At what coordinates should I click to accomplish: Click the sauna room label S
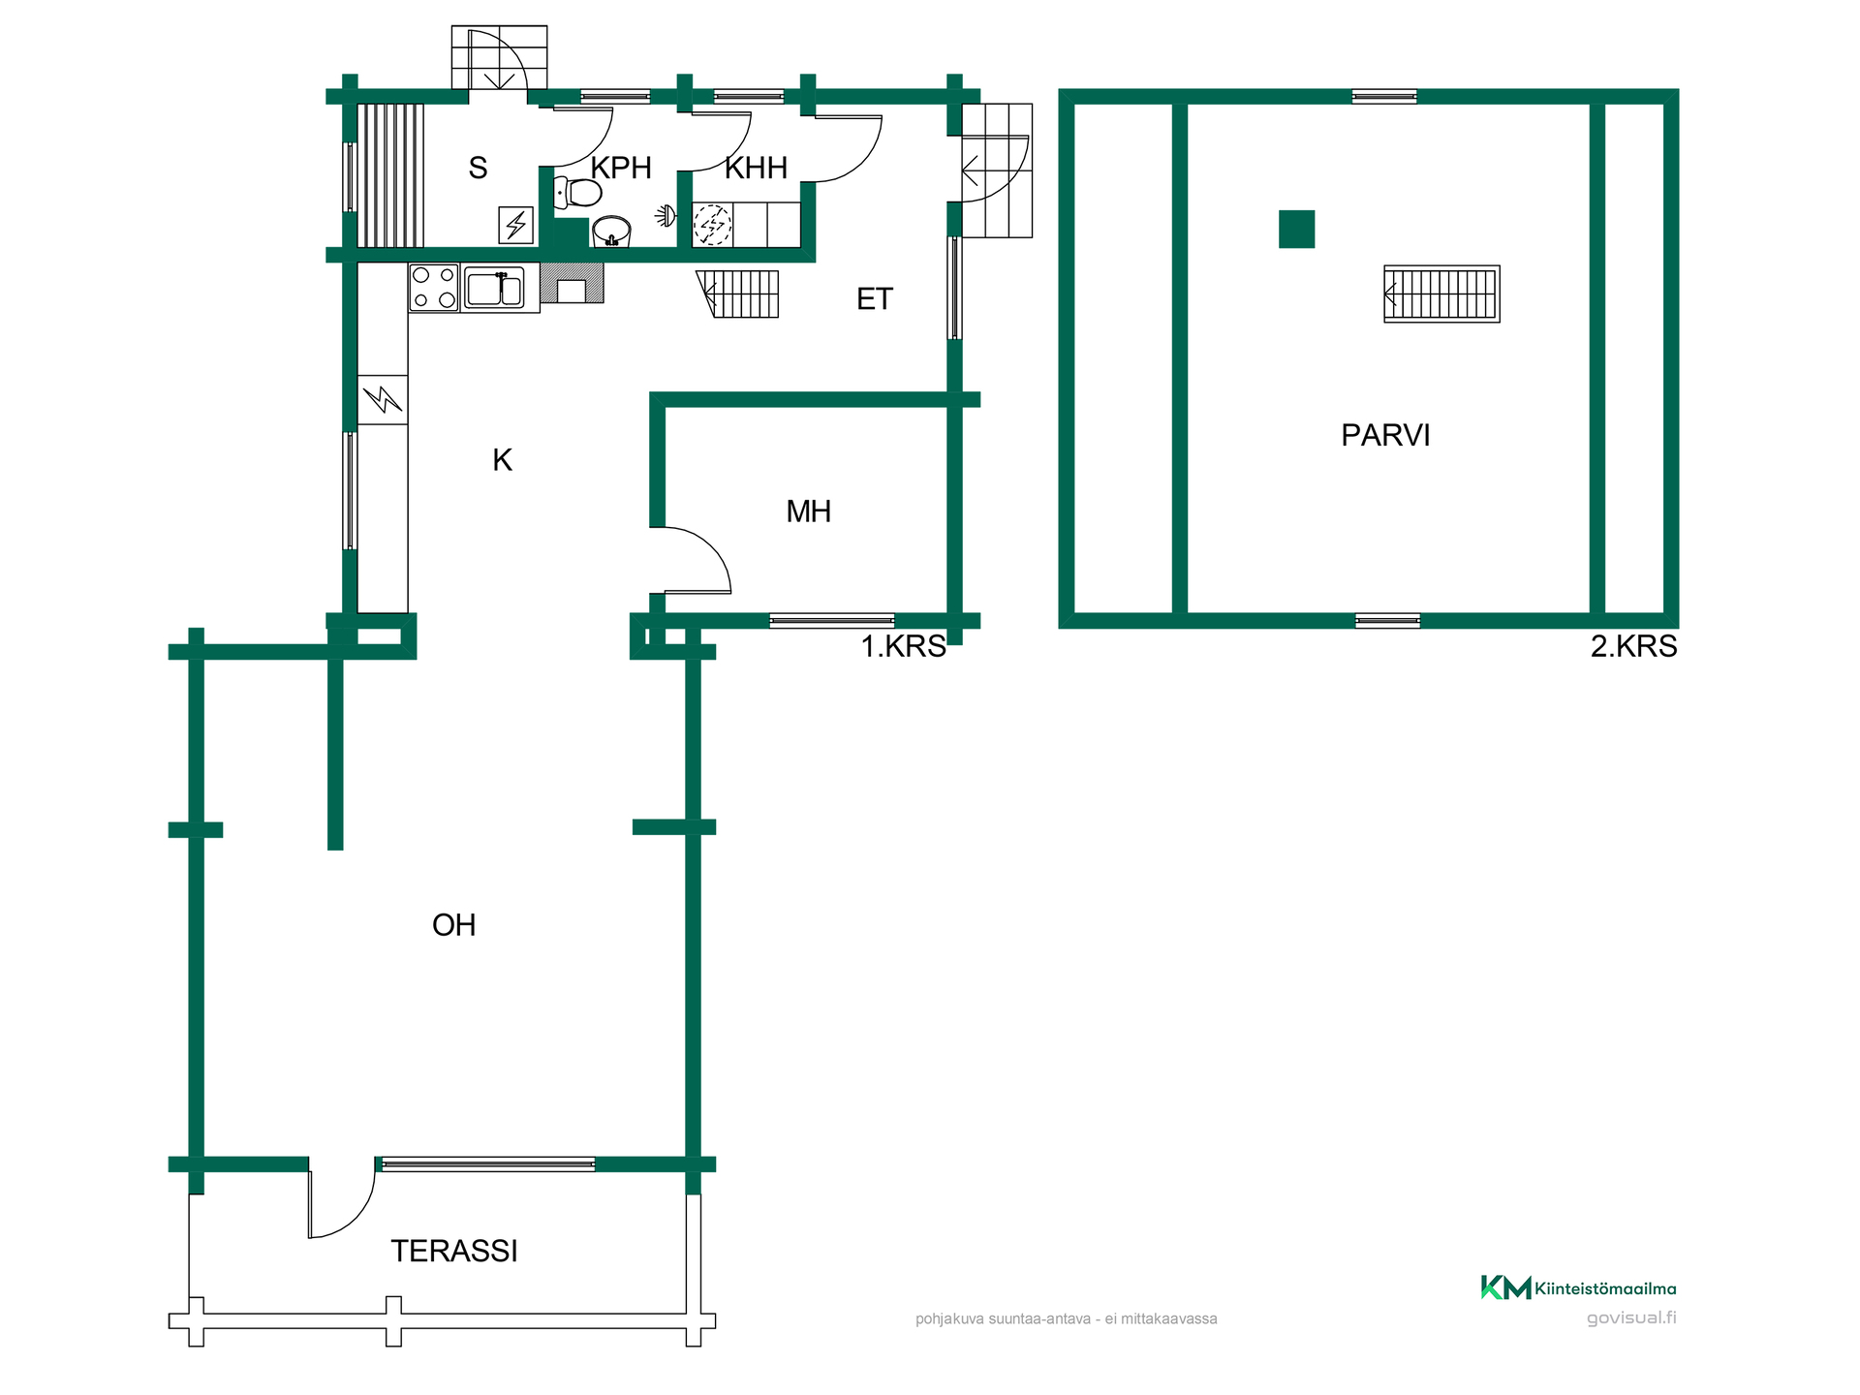pyautogui.click(x=478, y=168)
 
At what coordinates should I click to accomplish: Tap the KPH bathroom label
pyautogui.click(x=621, y=168)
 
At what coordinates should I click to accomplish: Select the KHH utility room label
pyautogui.click(x=756, y=168)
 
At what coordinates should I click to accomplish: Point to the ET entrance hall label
pyautogui.click(x=874, y=298)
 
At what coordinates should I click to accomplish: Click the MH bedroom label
pyautogui.click(x=808, y=511)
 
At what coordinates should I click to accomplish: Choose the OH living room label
pyautogui.click(x=453, y=924)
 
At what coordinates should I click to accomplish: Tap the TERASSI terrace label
pyautogui.click(x=454, y=1251)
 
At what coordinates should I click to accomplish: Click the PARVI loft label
pyautogui.click(x=1385, y=435)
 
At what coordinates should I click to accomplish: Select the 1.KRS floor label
pyautogui.click(x=903, y=646)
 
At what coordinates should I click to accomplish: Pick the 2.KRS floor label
pyautogui.click(x=1633, y=646)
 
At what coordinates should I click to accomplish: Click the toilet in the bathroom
pyautogui.click(x=577, y=193)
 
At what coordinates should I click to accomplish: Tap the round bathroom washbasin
pyautogui.click(x=611, y=232)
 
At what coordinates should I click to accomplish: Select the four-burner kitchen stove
pyautogui.click(x=434, y=288)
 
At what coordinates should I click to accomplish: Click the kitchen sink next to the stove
pyautogui.click(x=495, y=288)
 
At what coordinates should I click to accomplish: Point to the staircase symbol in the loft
pyautogui.click(x=1441, y=294)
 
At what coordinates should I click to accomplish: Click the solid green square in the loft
pyautogui.click(x=1296, y=230)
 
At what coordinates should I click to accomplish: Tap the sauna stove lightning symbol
pyautogui.click(x=516, y=226)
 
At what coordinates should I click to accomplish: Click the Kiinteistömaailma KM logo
pyautogui.click(x=1505, y=1287)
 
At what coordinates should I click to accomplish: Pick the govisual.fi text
pyautogui.click(x=1631, y=1317)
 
